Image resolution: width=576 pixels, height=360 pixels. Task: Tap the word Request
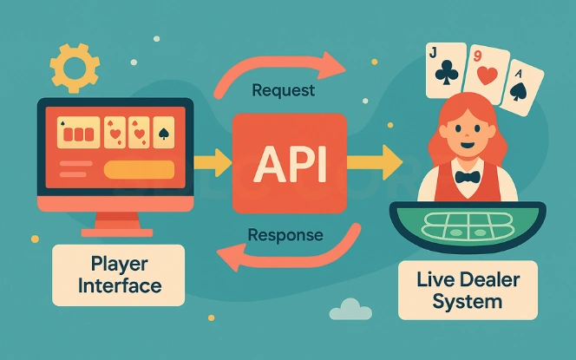tap(282, 89)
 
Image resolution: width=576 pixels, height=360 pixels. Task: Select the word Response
tap(285, 234)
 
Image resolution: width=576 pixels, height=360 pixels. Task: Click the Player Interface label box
tap(118, 274)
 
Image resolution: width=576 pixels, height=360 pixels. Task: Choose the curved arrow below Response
tap(286, 255)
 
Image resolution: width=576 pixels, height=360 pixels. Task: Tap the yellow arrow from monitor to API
tap(212, 160)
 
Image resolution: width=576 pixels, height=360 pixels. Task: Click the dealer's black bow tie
tap(468, 177)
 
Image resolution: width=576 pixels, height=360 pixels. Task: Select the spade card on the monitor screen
tap(162, 133)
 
